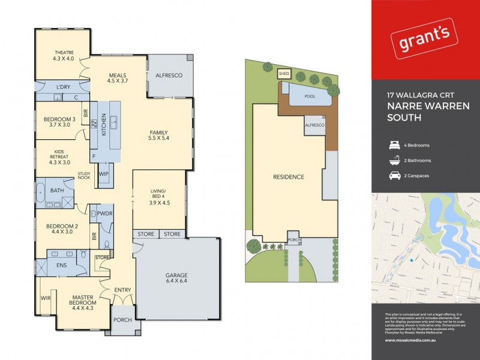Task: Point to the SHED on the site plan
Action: (284, 74)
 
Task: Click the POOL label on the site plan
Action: (310, 96)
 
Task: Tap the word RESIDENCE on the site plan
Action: (288, 177)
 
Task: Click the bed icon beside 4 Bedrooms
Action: (395, 145)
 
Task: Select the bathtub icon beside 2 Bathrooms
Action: (395, 160)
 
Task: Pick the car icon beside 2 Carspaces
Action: (395, 176)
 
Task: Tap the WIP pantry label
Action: (103, 174)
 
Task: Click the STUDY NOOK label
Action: (84, 176)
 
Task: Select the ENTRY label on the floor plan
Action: (122, 290)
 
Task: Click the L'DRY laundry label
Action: (63, 88)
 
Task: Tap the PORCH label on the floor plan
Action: (122, 319)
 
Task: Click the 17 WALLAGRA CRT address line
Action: (415, 94)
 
